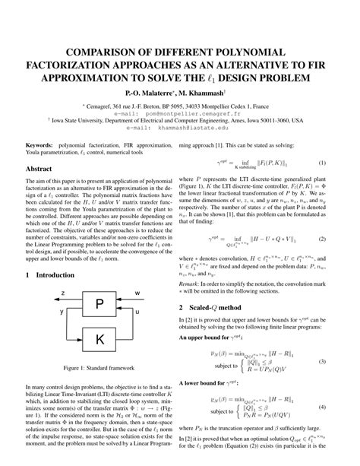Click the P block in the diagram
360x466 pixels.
point(99,305)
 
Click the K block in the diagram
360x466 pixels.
point(99,338)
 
